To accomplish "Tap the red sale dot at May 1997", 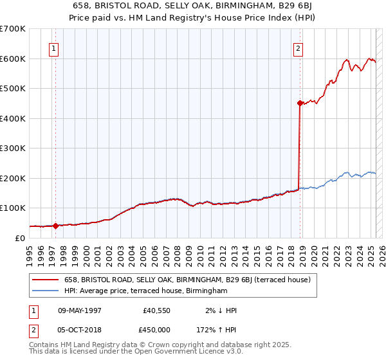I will coord(56,226).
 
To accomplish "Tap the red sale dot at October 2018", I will coord(300,103).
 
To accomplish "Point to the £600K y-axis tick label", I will coord(12,59).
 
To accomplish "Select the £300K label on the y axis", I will coord(12,148).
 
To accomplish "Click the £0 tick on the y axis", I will coord(20,238).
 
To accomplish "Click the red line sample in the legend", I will coord(45,280).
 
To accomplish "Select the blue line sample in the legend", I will coord(45,291).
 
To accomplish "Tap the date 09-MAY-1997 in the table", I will coord(80,310).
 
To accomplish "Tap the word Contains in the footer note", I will coord(45,345).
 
